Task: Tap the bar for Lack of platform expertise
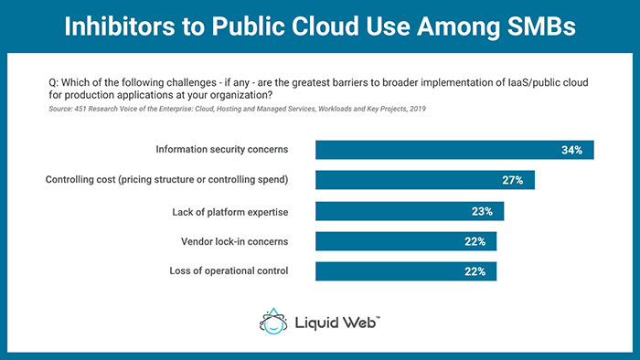click(410, 211)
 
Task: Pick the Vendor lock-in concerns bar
click(406, 241)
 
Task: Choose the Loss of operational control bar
click(406, 270)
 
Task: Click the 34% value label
click(572, 150)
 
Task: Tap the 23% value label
click(483, 211)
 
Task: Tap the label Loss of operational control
click(229, 270)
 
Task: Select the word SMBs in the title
click(537, 26)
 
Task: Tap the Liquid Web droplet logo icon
click(272, 323)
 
